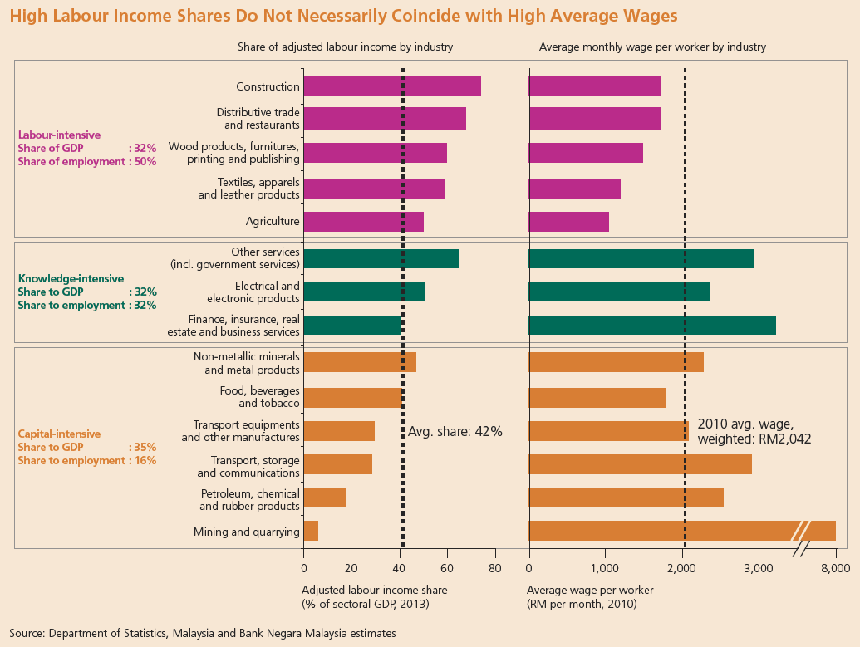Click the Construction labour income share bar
[x=391, y=86]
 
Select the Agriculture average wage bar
[x=568, y=222]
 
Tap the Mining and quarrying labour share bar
[x=311, y=531]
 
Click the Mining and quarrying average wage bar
[x=665, y=531]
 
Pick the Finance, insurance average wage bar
[x=651, y=325]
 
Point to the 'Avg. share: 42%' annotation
[x=455, y=432]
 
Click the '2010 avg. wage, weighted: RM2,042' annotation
[x=754, y=431]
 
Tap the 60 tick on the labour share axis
[x=447, y=569]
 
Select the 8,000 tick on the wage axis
[x=834, y=569]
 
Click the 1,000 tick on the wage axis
[x=605, y=569]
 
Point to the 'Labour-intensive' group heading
[x=59, y=135]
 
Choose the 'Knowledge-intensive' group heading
[x=71, y=279]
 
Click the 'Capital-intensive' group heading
[x=59, y=434]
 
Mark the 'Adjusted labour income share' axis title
[x=374, y=590]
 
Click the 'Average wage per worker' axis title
[x=590, y=590]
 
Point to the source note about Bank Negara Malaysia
[x=203, y=633]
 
